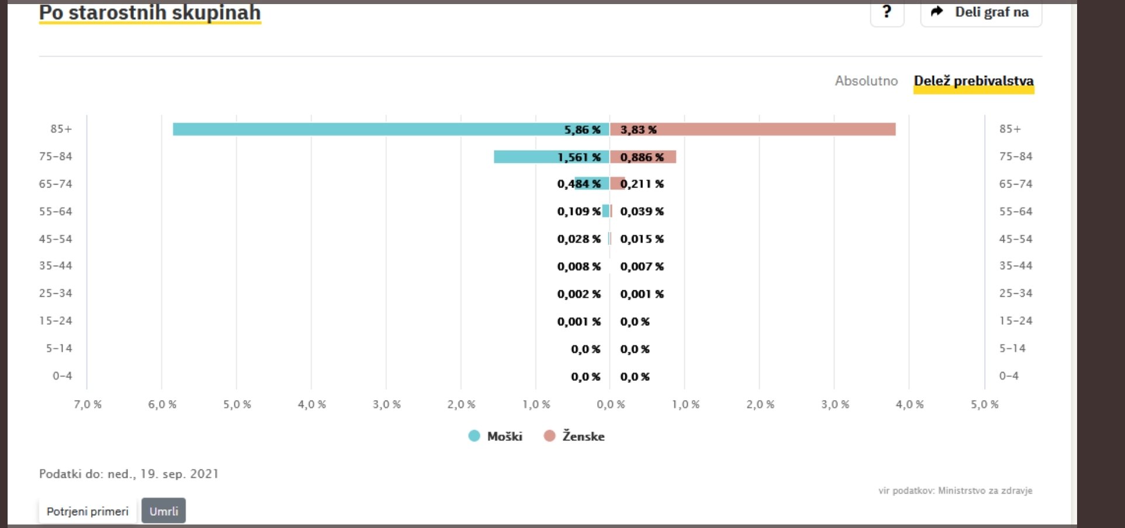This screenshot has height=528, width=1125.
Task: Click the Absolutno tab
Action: tap(866, 81)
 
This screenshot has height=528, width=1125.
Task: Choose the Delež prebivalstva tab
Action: tap(974, 81)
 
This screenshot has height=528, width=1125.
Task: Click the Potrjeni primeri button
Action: tap(88, 511)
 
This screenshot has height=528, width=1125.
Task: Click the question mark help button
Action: tap(887, 12)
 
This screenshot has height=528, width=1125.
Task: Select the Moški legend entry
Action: tap(496, 436)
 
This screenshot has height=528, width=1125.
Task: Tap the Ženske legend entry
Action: tap(574, 436)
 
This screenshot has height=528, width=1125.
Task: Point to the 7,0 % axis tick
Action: tap(88, 404)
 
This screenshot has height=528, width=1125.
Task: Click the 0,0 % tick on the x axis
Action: tap(611, 404)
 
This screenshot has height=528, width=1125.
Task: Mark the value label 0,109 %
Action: tap(579, 211)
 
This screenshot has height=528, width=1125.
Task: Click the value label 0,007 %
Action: tap(642, 266)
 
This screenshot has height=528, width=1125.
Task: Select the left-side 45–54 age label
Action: tap(56, 239)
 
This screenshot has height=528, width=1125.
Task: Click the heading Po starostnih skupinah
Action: tap(150, 12)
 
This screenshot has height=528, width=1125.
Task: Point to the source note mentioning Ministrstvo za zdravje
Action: tap(955, 491)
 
